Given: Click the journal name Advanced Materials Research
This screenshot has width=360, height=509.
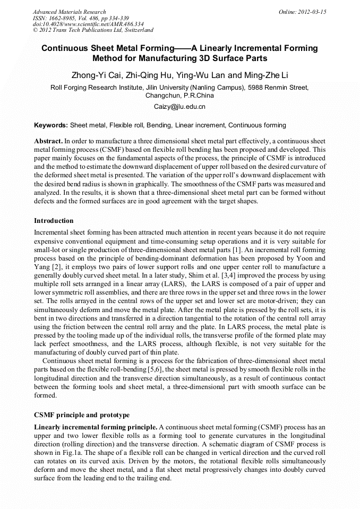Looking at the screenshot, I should coord(69,12).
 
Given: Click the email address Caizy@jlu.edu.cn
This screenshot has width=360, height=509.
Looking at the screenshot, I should coord(179,107).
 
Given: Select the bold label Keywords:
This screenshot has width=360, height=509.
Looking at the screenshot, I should coord(51,125).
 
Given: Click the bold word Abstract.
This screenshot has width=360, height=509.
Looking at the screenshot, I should coord(48,142).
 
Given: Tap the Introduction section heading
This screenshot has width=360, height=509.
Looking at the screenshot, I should coord(54,220).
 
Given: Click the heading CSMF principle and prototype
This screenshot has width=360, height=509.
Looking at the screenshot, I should coord(82,415).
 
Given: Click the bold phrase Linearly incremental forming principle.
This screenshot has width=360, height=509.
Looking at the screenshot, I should coord(96,427).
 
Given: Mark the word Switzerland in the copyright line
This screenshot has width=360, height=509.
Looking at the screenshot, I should coord(135,31).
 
